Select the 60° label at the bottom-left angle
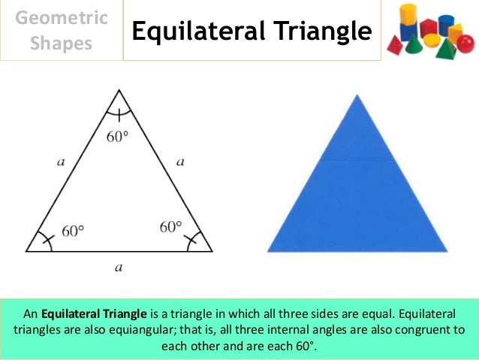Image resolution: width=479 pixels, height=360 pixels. click(74, 231)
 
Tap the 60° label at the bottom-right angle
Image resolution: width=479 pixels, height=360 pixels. click(171, 226)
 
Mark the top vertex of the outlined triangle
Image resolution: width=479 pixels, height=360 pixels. click(119, 90)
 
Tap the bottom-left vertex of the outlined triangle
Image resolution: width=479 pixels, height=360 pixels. click(26, 251)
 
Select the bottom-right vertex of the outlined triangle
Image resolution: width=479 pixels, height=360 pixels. click(212, 251)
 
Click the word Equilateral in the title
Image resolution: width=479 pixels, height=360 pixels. click(197, 32)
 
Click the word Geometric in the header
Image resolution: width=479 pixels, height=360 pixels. click(62, 17)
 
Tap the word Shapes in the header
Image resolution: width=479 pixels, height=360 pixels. click(62, 43)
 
